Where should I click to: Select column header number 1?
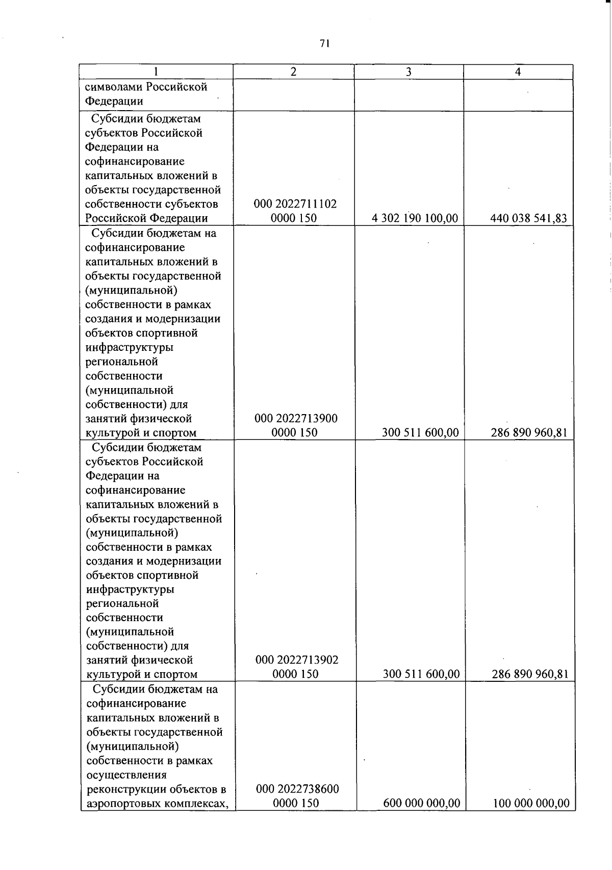point(156,72)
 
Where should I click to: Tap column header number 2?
point(293,72)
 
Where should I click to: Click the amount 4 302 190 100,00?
point(415,219)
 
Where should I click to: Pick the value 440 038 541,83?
point(528,219)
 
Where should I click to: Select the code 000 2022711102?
point(295,204)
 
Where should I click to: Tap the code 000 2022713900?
point(296,419)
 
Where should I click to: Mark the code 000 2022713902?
point(297,660)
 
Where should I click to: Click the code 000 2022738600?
point(297,789)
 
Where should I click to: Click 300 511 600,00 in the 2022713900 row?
point(420,433)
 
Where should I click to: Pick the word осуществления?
point(126,775)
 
